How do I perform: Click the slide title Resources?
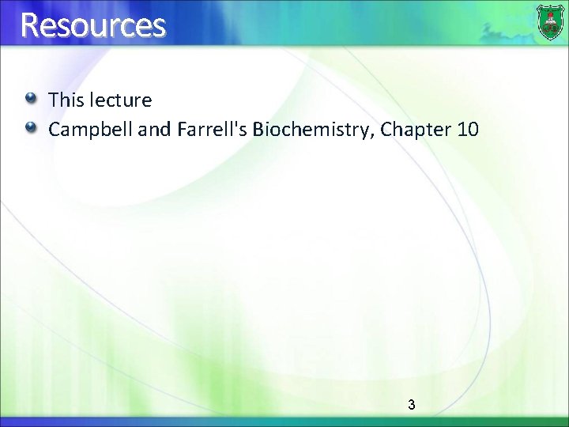coord(93,25)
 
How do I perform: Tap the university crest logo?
coord(550,22)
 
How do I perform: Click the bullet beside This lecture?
coord(30,100)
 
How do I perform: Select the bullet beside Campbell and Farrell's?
coord(30,127)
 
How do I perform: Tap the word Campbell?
coord(90,128)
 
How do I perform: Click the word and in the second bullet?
coord(154,128)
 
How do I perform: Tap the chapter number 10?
coord(468,128)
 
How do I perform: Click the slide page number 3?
coord(411,405)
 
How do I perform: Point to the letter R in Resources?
coord(30,25)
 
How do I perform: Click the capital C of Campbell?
coord(55,128)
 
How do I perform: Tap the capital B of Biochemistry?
coord(258,128)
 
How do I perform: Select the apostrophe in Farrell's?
coord(238,123)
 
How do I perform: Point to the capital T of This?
coord(55,100)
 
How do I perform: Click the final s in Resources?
coord(159,28)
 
